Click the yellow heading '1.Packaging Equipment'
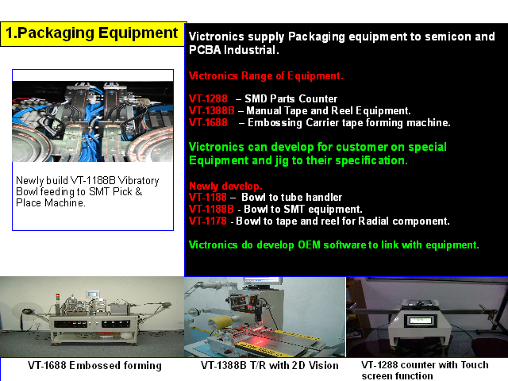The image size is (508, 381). (x=92, y=33)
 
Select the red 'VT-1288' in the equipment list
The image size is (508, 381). (x=208, y=98)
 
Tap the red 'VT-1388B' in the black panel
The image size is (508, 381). (x=212, y=110)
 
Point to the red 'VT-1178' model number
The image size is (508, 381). (x=208, y=221)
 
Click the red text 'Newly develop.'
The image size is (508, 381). (x=225, y=187)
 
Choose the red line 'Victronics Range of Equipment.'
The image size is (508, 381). (x=266, y=76)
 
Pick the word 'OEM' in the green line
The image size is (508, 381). (x=309, y=245)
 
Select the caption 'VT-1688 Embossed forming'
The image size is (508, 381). (x=94, y=365)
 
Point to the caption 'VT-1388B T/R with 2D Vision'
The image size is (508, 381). (x=270, y=365)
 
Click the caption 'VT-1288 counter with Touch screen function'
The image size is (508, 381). (x=425, y=371)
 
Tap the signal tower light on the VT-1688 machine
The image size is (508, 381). (x=58, y=298)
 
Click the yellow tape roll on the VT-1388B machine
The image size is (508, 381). (x=221, y=323)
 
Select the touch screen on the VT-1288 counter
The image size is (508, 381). (x=421, y=321)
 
